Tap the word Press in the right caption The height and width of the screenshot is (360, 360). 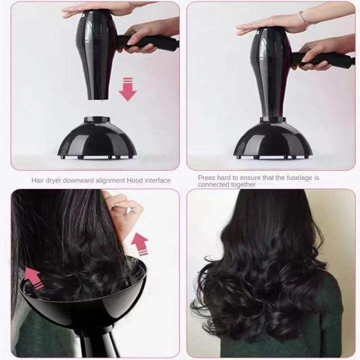pos(206,177)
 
